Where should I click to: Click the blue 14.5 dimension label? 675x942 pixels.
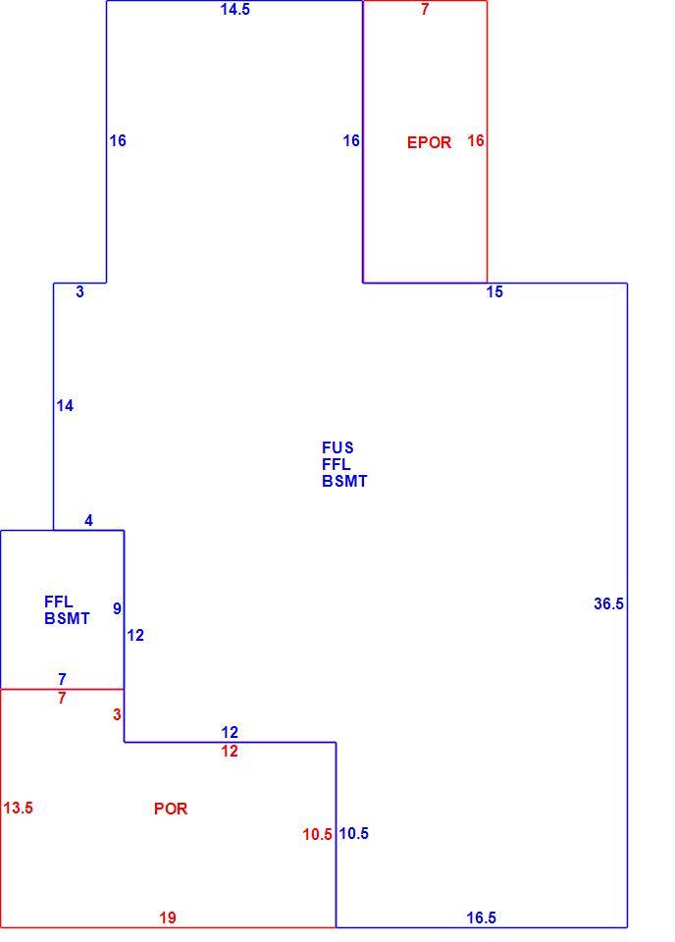pos(234,10)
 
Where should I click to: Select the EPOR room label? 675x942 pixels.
pos(429,142)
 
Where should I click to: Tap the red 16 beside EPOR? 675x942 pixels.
pos(476,140)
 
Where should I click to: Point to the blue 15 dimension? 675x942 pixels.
pos(494,292)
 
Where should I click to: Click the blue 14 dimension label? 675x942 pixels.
pos(65,406)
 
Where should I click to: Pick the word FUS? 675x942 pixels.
pos(337,447)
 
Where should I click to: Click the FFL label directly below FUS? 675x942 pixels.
pos(337,464)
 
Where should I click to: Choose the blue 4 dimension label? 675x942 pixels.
pos(89,521)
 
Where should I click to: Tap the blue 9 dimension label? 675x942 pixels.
pos(117,608)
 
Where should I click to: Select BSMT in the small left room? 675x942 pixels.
pos(67,619)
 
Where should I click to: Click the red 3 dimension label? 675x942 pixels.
pos(117,715)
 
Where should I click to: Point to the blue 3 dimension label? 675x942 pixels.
pos(79,292)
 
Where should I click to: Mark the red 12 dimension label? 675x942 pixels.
pos(230,751)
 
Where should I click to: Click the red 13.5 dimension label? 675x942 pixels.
pos(18,808)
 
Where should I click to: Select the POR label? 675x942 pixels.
pos(171,809)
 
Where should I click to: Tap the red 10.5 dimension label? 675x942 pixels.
pos(317,834)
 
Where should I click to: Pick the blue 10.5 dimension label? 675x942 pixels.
pos(354,833)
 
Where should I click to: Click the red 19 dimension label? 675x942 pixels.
pos(168,918)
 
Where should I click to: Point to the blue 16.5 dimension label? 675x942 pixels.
pos(482,918)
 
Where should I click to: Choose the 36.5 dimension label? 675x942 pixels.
pos(608,603)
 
